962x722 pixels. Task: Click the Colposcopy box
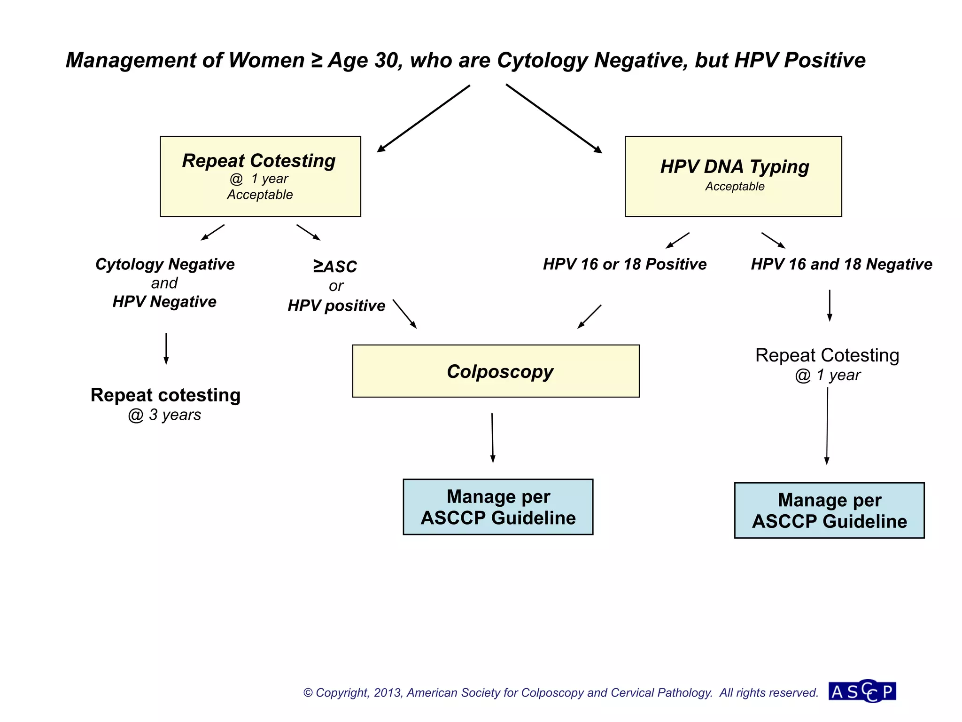pos(496,371)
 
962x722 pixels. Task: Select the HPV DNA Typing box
pos(733,176)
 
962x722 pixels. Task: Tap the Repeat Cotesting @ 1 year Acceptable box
pos(260,176)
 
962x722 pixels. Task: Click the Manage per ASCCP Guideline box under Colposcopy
pos(498,507)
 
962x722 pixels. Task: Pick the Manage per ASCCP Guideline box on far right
pos(829,510)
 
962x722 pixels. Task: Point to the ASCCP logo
pos(862,691)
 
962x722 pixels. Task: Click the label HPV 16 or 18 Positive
pos(625,264)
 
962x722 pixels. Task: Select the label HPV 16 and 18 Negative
pos(841,264)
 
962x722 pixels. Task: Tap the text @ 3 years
pos(164,415)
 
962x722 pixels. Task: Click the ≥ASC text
pos(335,267)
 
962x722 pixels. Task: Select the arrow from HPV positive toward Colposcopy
pos(404,314)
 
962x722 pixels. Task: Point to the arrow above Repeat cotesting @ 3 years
pos(166,348)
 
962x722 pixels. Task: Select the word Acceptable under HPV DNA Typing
pos(735,187)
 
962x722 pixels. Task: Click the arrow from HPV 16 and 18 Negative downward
pos(830,305)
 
